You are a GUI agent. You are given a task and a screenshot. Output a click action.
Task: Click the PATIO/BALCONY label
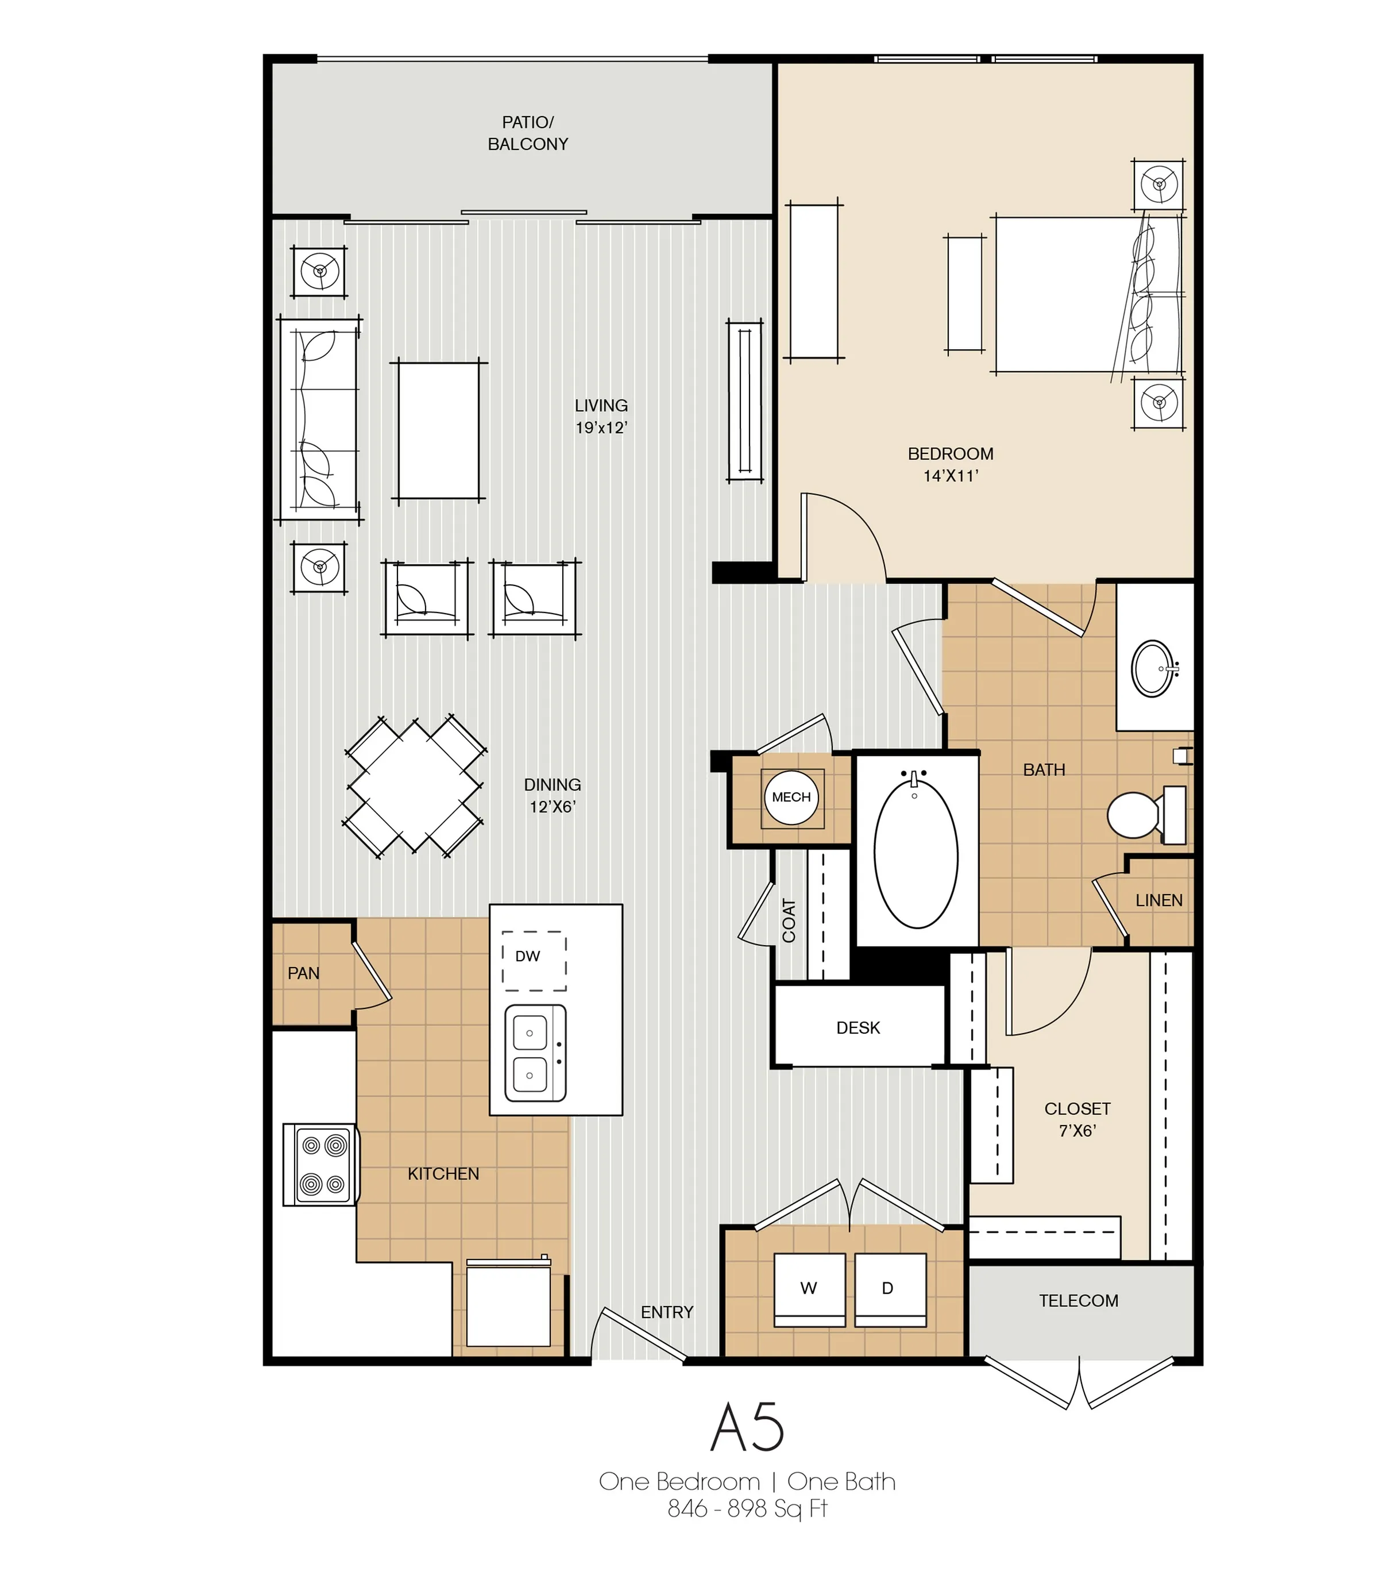point(528,133)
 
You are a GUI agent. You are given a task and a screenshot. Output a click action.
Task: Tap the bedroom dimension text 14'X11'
point(951,476)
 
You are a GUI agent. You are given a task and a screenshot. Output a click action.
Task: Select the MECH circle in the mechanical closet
point(791,798)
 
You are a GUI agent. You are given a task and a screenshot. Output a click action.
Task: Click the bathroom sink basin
point(1152,669)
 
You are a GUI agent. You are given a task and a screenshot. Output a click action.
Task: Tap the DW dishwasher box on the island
point(534,961)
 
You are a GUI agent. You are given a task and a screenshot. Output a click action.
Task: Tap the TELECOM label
point(1078,1301)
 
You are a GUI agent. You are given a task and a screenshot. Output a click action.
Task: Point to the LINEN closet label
point(1159,900)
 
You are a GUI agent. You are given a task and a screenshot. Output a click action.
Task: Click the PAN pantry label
point(303,973)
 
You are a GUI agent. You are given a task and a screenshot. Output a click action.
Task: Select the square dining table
point(416,787)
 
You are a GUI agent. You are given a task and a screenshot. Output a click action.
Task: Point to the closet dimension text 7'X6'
point(1077,1131)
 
